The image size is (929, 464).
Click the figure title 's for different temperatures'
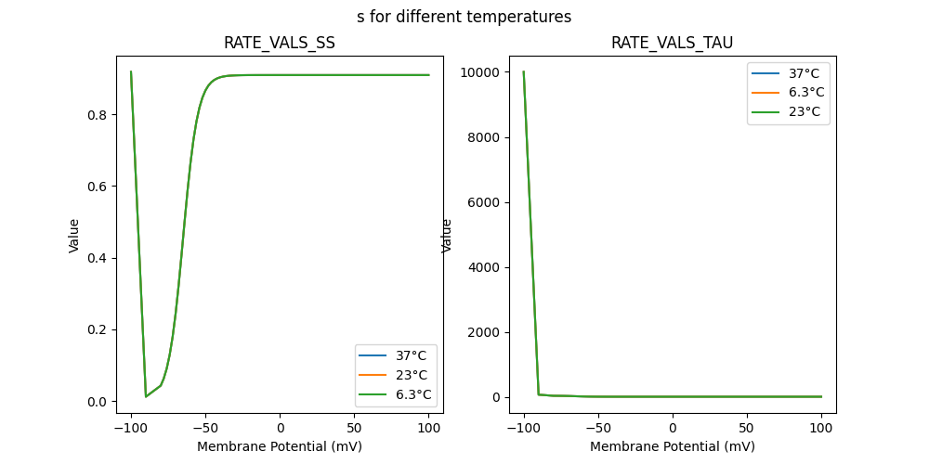[x=464, y=17]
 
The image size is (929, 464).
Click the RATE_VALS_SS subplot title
[x=280, y=43]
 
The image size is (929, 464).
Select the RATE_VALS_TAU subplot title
[x=672, y=43]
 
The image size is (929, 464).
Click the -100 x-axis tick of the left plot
[x=131, y=428]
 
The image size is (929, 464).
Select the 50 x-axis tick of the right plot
[x=747, y=428]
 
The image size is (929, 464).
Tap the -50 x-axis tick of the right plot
[x=598, y=428]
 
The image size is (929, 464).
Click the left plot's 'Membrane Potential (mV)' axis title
[x=280, y=446]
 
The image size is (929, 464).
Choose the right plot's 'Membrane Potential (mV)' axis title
[x=672, y=446]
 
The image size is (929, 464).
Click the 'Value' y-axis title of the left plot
[x=74, y=236]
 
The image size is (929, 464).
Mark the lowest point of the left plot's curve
[x=146, y=397]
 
